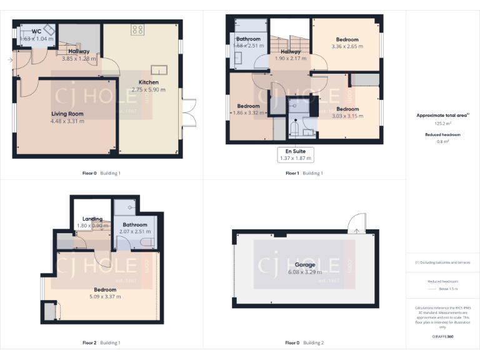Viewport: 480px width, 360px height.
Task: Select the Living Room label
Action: tap(67, 114)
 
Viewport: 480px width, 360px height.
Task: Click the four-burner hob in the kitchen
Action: tap(137, 29)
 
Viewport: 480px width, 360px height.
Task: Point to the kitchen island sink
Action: tap(158, 69)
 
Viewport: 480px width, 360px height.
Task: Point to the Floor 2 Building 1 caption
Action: tap(101, 342)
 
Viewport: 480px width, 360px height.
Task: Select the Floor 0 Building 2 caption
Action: tap(304, 342)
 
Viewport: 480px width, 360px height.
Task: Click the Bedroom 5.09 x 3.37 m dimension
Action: tap(105, 297)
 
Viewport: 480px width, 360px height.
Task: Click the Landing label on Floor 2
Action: tap(92, 219)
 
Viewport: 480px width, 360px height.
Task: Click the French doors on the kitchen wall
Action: tap(186, 113)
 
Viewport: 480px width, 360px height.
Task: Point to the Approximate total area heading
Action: tap(439, 116)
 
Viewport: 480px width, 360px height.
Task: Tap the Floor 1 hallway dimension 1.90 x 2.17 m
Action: tap(291, 59)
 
